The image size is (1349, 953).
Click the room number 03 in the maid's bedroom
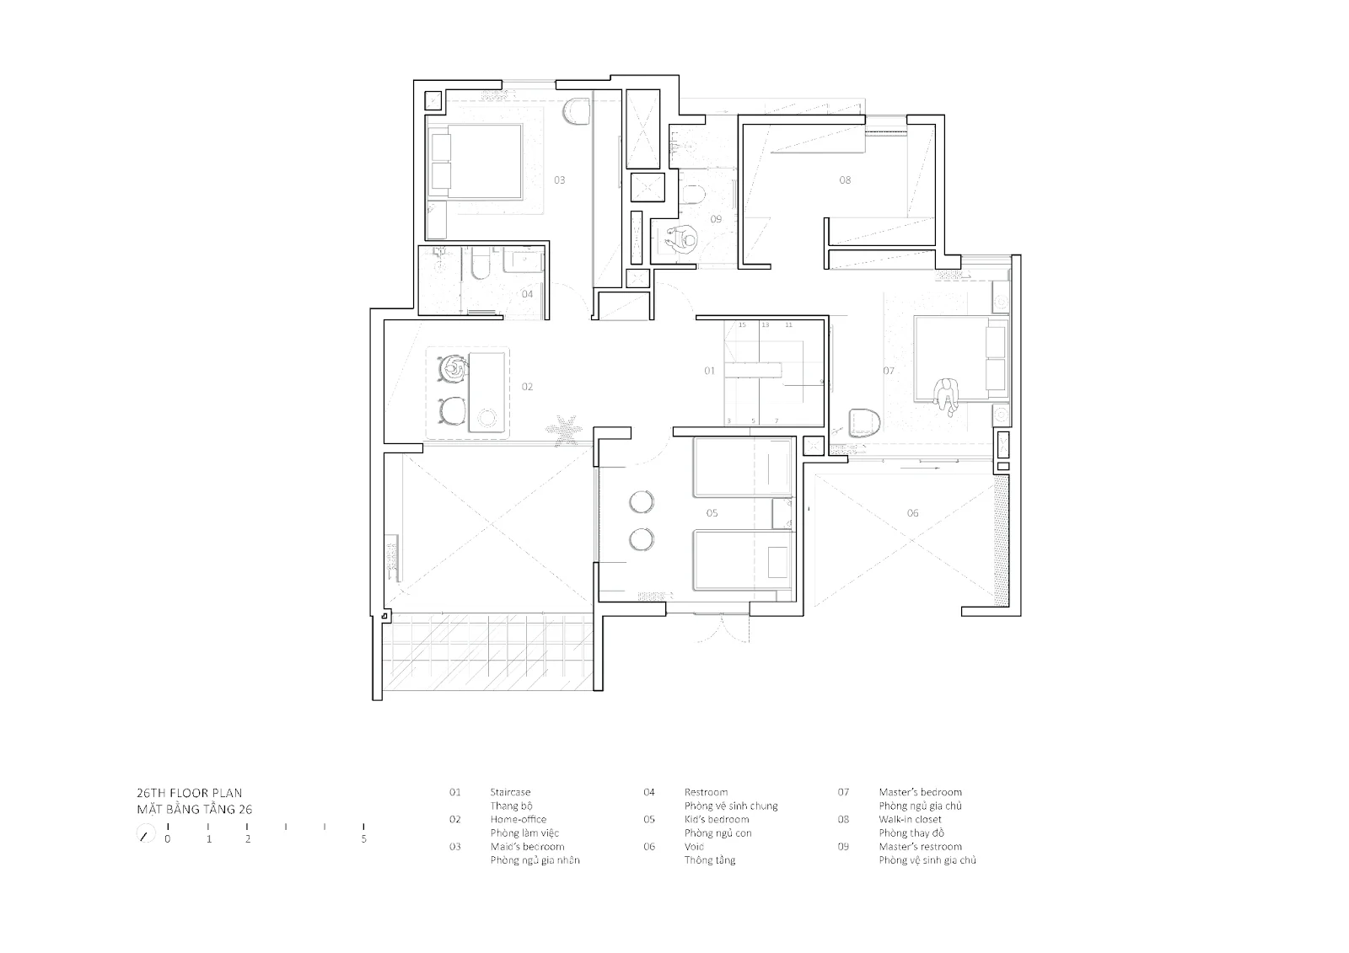coord(560,180)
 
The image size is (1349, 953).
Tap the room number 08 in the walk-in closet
coord(845,180)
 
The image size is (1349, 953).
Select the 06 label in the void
coord(912,513)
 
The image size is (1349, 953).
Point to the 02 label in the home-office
coord(527,387)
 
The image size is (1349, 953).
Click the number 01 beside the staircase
coord(709,371)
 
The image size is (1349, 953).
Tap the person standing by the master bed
coord(946,397)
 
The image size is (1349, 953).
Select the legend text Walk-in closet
coord(910,819)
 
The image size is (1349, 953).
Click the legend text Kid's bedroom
coord(717,819)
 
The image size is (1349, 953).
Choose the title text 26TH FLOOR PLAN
coord(189,793)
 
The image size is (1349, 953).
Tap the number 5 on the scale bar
coord(363,839)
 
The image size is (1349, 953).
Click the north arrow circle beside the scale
coord(145,834)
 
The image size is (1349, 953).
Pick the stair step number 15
coord(742,325)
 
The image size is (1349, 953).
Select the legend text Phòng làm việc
coord(524,833)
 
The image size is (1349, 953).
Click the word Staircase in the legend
coord(510,792)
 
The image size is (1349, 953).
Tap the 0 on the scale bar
coord(168,839)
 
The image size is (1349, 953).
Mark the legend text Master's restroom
coord(920,847)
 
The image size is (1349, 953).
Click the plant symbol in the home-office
coord(564,430)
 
